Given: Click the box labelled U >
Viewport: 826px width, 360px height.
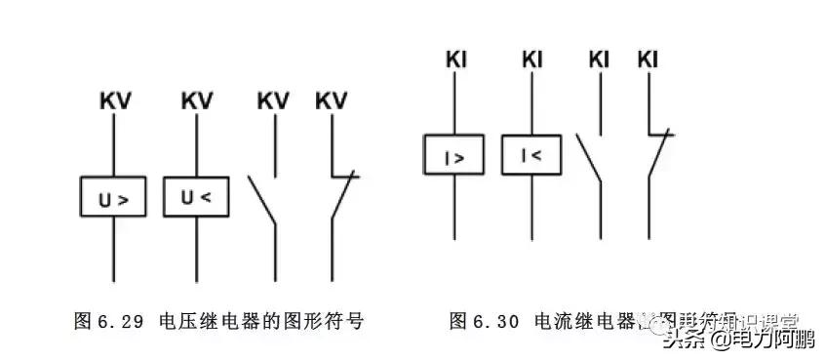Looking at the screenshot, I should (x=114, y=199).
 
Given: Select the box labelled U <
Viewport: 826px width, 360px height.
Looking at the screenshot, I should (x=196, y=198).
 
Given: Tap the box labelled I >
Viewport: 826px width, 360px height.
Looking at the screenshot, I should (x=453, y=156).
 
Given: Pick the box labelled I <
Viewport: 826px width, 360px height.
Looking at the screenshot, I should (x=531, y=154).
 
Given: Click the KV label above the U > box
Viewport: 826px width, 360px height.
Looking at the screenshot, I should (x=115, y=101).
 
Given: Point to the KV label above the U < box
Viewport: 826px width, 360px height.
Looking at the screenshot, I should (x=197, y=101).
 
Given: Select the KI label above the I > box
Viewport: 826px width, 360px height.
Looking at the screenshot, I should (x=453, y=60).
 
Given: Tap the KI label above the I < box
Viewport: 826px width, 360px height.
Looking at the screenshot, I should (x=531, y=60).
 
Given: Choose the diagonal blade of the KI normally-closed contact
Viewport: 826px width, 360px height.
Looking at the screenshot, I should (x=656, y=156).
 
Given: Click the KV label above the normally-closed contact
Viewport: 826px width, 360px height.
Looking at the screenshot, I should (x=332, y=101).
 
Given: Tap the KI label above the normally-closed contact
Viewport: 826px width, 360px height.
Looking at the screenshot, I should (x=648, y=60).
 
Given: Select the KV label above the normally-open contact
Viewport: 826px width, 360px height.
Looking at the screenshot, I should (x=273, y=101).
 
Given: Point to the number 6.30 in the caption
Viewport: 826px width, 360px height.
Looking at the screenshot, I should (x=496, y=321).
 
